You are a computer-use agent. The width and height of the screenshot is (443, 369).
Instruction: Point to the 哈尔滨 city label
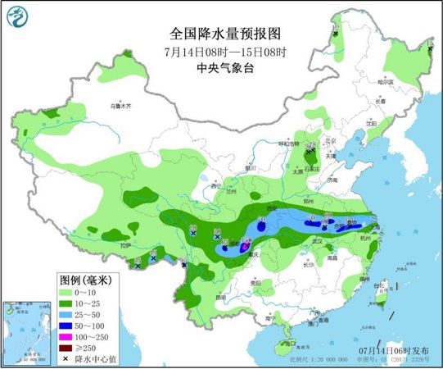point(387,81)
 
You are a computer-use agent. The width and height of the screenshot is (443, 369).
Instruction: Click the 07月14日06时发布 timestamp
point(396,350)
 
